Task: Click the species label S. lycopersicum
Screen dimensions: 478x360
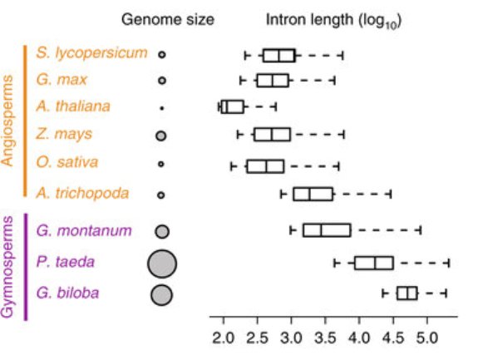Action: pos(91,53)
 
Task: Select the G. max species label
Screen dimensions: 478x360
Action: pos(62,80)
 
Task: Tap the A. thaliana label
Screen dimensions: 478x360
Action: pos(73,106)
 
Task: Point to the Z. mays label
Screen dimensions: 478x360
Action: pos(64,134)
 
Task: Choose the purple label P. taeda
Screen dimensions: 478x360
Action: pos(65,262)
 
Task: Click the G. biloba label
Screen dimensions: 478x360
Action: pos(67,293)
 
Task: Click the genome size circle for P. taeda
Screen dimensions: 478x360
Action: pos(162,264)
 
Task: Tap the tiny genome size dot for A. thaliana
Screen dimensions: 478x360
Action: pos(162,108)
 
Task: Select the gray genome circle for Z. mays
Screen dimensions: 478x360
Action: pos(161,136)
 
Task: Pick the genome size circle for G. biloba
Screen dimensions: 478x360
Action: pos(161,295)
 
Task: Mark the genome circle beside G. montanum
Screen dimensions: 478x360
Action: pos(162,232)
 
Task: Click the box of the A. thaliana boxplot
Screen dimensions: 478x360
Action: pos(233,106)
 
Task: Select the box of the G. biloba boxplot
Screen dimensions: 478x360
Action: pos(407,293)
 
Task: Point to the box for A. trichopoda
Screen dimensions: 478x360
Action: pos(313,195)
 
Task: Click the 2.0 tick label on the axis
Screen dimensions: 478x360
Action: pos(223,338)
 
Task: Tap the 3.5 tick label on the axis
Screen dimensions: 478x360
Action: pos(325,338)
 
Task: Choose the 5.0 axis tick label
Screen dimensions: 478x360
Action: pos(427,338)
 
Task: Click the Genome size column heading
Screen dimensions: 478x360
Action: pos(168,20)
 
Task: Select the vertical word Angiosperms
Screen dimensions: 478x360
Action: pos(7,121)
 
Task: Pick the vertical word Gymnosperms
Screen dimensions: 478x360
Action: pos(7,267)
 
